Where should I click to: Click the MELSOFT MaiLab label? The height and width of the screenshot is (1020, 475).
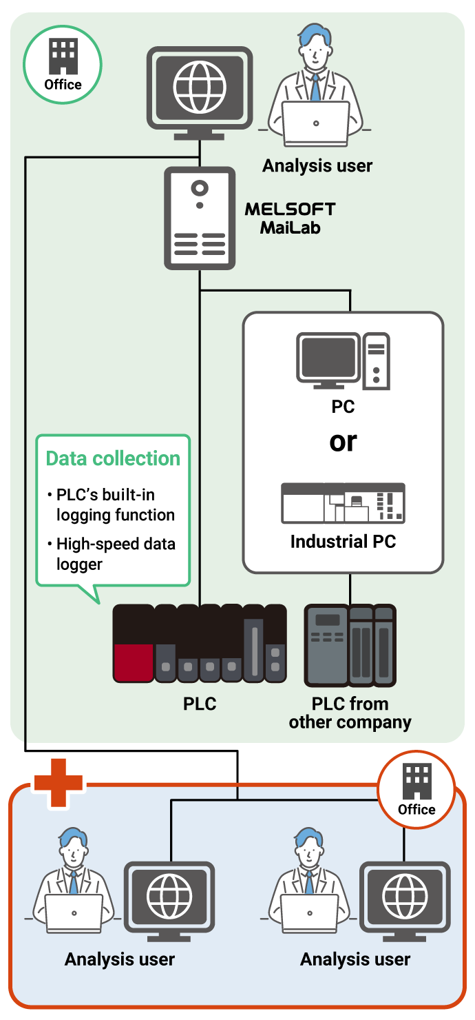click(290, 218)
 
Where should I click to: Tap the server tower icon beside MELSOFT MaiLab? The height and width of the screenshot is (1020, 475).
click(200, 218)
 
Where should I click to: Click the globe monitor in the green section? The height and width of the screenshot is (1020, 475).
click(200, 88)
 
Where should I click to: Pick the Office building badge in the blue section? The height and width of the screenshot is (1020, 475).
click(416, 789)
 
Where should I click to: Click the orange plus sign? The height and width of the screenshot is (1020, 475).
click(59, 782)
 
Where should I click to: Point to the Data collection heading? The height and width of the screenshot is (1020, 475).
click(113, 458)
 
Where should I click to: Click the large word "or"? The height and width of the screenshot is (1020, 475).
click(343, 441)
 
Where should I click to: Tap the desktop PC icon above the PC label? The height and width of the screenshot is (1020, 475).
click(343, 361)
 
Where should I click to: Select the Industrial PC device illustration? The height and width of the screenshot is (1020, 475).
click(343, 503)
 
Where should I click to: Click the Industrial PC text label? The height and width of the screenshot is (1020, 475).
click(343, 542)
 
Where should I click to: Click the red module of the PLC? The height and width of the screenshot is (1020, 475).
click(133, 662)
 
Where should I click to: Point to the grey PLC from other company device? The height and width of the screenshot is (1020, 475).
click(350, 645)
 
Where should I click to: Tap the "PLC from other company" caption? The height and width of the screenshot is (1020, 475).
click(350, 713)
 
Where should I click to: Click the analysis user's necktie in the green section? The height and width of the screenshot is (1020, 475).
click(315, 86)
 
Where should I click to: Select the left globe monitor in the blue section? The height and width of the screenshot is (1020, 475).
click(169, 897)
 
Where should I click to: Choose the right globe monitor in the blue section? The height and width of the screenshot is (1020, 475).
click(405, 897)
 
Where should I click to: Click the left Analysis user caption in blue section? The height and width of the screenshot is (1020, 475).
click(120, 959)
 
